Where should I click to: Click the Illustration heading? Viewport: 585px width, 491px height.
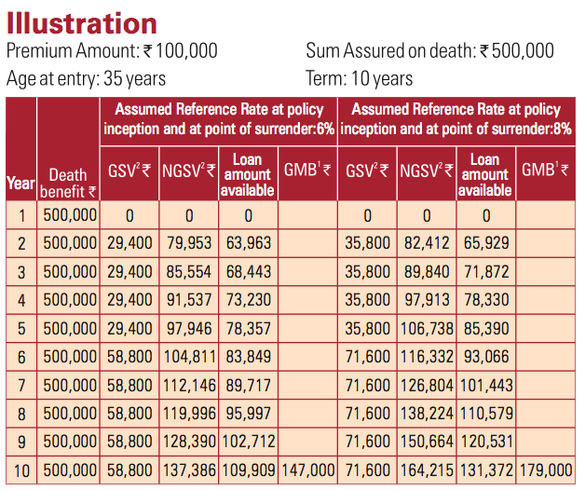pyautogui.click(x=82, y=23)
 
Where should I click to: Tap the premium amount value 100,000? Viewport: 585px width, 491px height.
pyautogui.click(x=186, y=50)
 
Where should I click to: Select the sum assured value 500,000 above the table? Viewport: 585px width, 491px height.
pyautogui.click(x=523, y=50)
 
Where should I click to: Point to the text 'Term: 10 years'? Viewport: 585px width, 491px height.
pyautogui.click(x=360, y=78)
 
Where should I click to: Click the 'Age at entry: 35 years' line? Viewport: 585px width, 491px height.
pyautogui.click(x=87, y=78)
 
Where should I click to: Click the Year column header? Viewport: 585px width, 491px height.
pyautogui.click(x=20, y=183)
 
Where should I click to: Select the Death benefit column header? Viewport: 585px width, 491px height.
pyautogui.click(x=68, y=184)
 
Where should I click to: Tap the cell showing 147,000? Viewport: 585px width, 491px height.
pyautogui.click(x=308, y=471)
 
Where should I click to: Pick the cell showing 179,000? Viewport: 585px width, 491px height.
pyautogui.click(x=546, y=471)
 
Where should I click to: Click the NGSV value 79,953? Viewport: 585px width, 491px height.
pyautogui.click(x=189, y=243)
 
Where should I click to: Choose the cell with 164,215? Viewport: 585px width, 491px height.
pyautogui.click(x=427, y=471)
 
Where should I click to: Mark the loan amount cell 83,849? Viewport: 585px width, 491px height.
pyautogui.click(x=249, y=357)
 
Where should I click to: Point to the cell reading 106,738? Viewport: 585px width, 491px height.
pyautogui.click(x=427, y=329)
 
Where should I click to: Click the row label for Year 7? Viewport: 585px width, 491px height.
pyautogui.click(x=21, y=386)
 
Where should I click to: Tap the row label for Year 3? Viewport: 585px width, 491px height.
pyautogui.click(x=21, y=272)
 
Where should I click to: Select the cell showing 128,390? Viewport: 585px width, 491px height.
pyautogui.click(x=189, y=442)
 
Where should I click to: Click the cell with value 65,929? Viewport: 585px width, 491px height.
pyautogui.click(x=486, y=243)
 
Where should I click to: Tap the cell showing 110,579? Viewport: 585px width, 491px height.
pyautogui.click(x=486, y=414)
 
